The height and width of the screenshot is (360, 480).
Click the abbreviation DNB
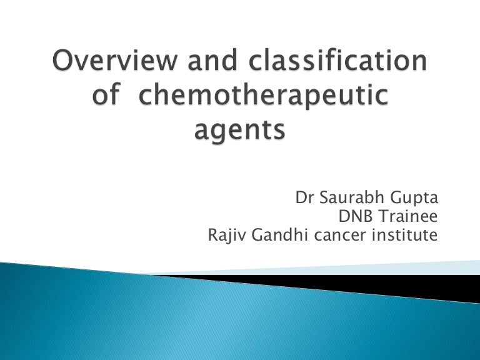pyautogui.click(x=351, y=218)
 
